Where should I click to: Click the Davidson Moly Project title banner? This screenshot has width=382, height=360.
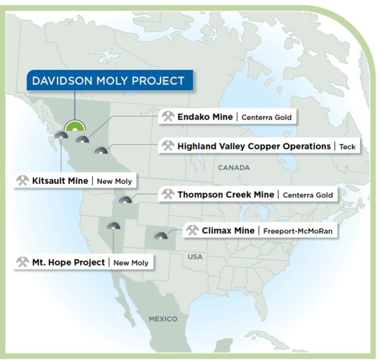(x=108, y=81)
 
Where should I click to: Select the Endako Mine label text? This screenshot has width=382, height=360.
(x=204, y=117)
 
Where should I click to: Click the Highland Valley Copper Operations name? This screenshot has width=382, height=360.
(x=254, y=146)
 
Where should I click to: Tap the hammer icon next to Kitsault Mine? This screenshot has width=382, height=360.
(x=23, y=181)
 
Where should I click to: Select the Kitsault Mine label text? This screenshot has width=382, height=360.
(x=60, y=181)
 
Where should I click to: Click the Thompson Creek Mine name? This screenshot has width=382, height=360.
(x=225, y=195)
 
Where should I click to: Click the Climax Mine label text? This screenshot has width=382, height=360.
(x=228, y=231)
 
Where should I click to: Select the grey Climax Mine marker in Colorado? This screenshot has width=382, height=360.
(x=160, y=237)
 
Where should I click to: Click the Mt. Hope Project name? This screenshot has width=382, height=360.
(x=68, y=262)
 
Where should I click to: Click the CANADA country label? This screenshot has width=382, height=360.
(x=233, y=168)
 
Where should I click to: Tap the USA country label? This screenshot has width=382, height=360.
(x=195, y=257)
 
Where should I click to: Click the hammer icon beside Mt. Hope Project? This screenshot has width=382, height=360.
(x=23, y=262)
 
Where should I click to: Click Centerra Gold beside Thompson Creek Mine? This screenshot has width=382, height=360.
(x=307, y=195)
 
